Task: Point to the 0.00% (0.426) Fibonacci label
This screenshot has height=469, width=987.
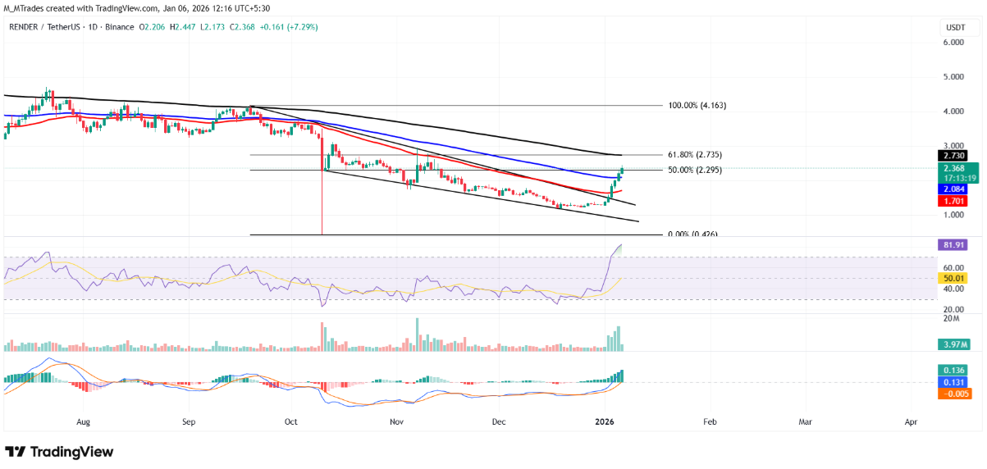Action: click(693, 234)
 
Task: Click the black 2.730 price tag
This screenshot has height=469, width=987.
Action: click(957, 155)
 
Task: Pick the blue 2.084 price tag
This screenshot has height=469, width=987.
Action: click(957, 188)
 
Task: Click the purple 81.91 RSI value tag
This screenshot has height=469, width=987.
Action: click(957, 244)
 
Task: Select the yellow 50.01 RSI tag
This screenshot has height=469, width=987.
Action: click(957, 278)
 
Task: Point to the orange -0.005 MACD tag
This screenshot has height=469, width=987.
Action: click(957, 394)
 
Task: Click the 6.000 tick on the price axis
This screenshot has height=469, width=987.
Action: click(953, 43)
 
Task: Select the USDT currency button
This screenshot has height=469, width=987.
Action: click(956, 27)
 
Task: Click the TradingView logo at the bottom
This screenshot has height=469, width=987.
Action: click(59, 452)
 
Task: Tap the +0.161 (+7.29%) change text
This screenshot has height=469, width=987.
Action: click(289, 27)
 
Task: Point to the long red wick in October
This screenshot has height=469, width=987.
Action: click(322, 205)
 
